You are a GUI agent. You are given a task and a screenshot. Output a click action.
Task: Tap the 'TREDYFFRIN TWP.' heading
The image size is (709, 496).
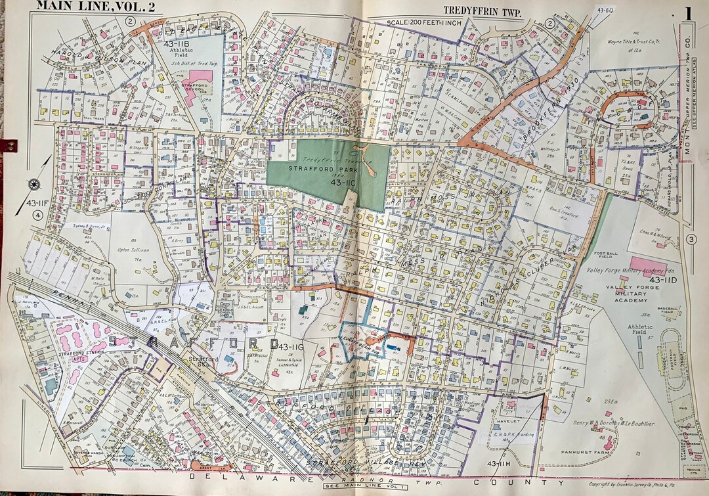pos(483,10)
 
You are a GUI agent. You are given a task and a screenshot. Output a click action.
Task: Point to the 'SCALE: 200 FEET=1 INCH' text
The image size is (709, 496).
pos(423,22)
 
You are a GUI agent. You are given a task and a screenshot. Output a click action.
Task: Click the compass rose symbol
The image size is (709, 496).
pos(34,184)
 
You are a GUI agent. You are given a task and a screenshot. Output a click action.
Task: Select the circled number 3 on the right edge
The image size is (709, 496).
pos(690,239)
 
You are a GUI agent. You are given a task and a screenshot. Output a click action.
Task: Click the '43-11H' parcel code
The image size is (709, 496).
pos(500,464)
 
